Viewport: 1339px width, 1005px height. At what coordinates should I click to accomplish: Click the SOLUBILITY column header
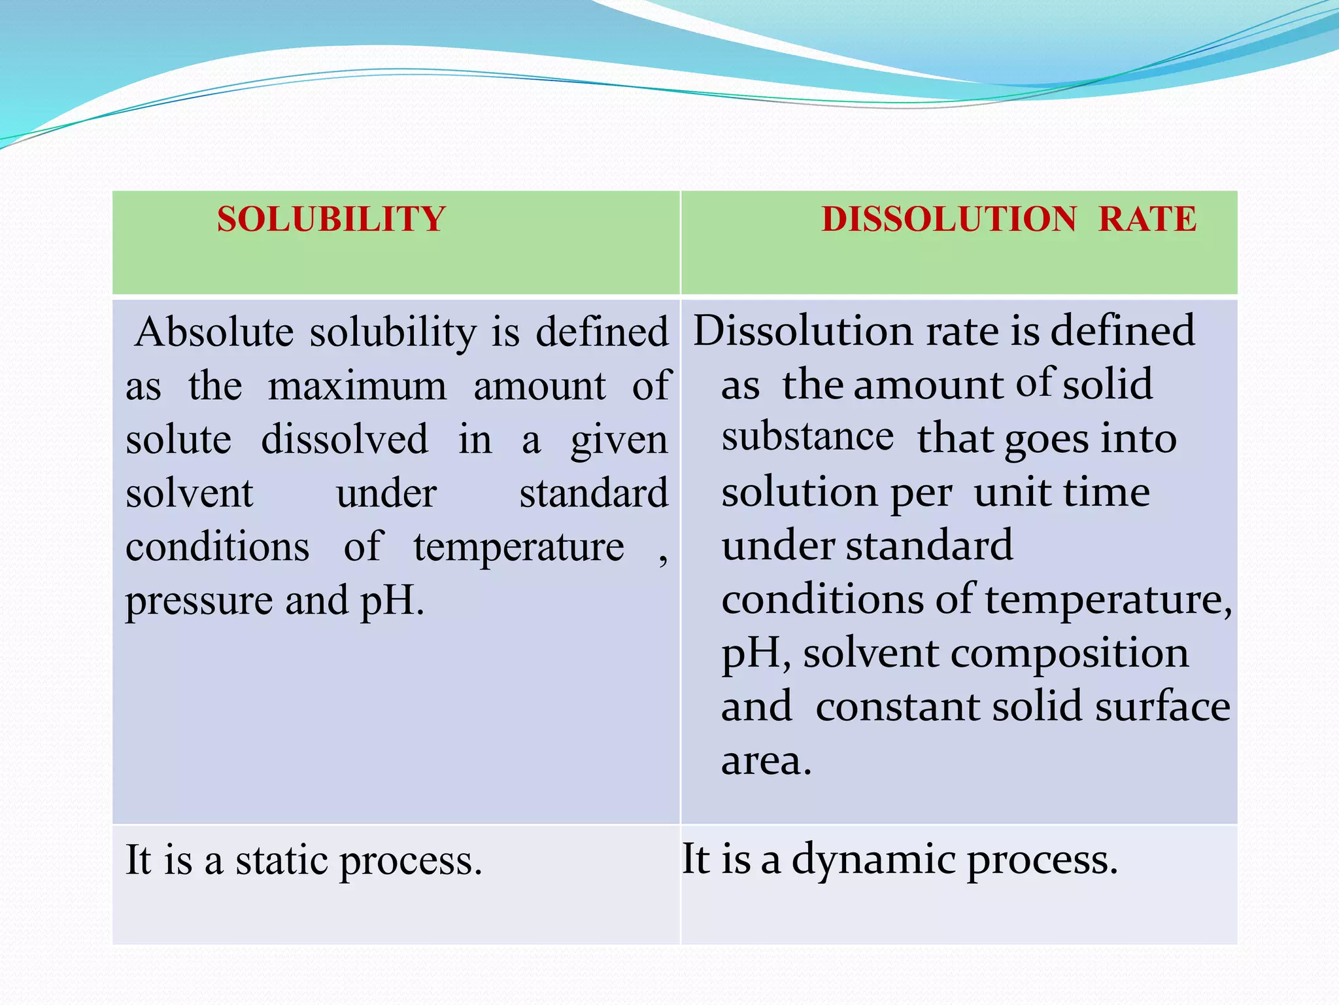(x=331, y=219)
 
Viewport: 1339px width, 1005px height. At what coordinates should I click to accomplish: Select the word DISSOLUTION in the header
(x=949, y=219)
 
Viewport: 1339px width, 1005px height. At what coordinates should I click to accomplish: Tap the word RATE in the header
(x=1147, y=219)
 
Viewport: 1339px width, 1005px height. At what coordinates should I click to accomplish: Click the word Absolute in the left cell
(x=214, y=332)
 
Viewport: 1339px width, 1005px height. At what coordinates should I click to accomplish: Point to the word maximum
(x=357, y=386)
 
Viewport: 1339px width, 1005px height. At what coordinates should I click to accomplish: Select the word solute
(x=178, y=440)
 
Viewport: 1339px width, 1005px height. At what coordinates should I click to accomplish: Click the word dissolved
(x=345, y=440)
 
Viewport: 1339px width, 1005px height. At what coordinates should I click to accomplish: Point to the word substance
(x=807, y=437)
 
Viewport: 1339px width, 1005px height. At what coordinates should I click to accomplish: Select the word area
(x=766, y=762)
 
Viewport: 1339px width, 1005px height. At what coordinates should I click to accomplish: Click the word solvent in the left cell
(x=189, y=493)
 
